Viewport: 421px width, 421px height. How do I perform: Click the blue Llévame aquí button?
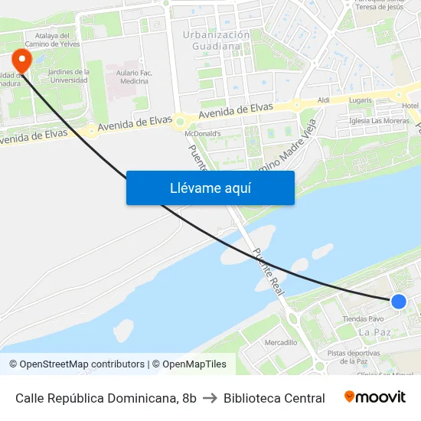click(x=210, y=188)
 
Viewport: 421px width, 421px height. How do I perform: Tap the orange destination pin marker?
click(x=22, y=60)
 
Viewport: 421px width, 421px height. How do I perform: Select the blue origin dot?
click(x=398, y=302)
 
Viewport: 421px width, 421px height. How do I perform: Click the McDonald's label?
click(x=203, y=133)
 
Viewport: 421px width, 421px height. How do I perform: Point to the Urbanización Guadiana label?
click(x=217, y=41)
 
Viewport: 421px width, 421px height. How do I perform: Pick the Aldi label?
click(x=323, y=100)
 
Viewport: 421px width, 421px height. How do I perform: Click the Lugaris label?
click(x=360, y=100)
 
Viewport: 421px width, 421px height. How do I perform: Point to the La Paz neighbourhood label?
click(x=374, y=332)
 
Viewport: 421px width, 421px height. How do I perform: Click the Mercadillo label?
click(x=280, y=342)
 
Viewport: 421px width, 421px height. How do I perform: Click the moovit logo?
click(x=375, y=397)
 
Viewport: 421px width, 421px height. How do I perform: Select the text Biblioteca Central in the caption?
click(x=274, y=398)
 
